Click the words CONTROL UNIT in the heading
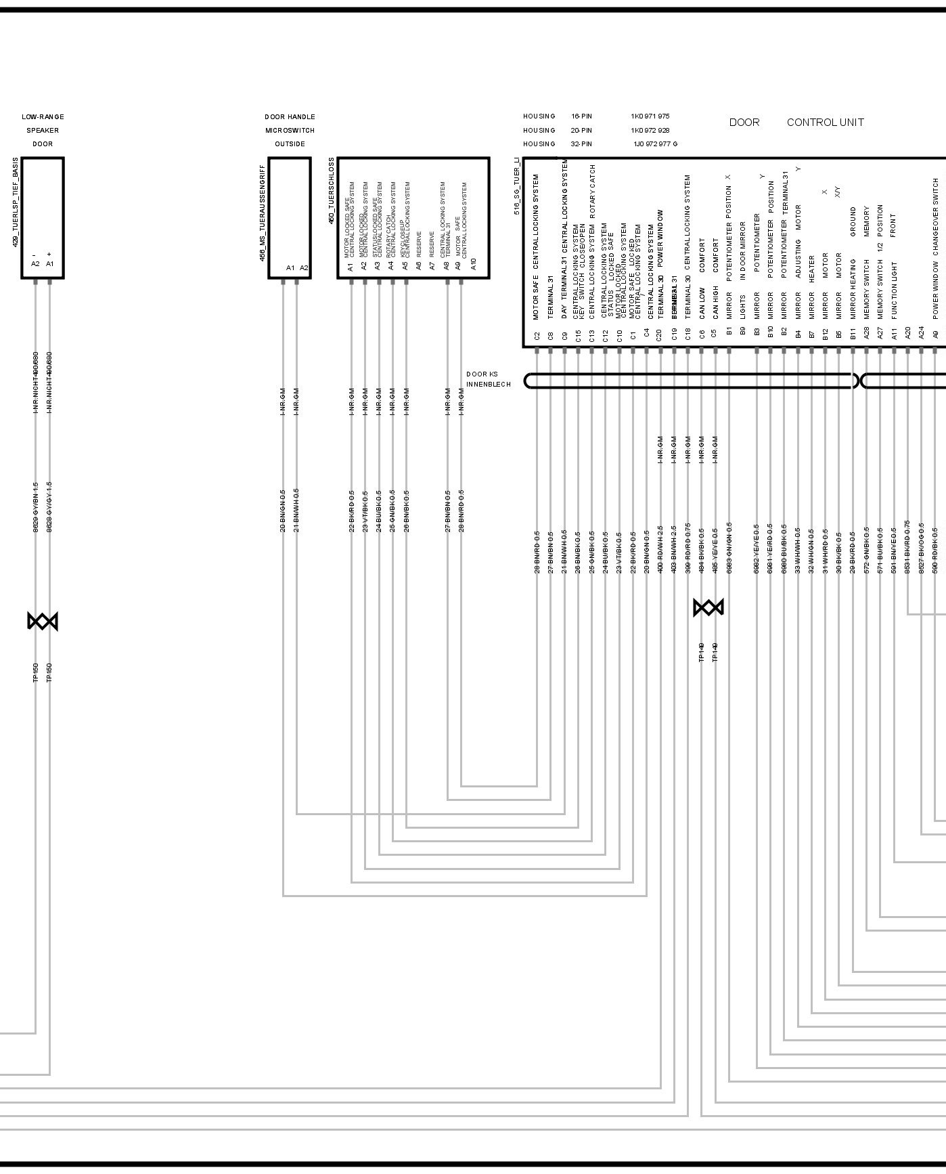pos(825,123)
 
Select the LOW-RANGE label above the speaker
pos(43,116)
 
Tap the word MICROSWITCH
pos(290,130)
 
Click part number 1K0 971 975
pos(650,116)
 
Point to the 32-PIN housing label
pos(581,144)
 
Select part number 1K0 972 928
pos(650,130)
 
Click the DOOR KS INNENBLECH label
pos(487,379)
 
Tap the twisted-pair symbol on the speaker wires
pos(43,621)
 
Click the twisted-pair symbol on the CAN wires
pos(708,607)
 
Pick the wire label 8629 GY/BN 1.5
pos(36,507)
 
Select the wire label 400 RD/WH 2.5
pos(660,550)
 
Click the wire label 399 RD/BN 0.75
pos(688,548)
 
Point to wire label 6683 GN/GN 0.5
pos(729,548)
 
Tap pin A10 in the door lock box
pos(474,264)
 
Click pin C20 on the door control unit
pos(660,334)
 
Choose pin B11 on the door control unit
pos(853,334)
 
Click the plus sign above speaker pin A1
pos(49,255)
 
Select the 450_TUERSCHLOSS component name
pos(332,192)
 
